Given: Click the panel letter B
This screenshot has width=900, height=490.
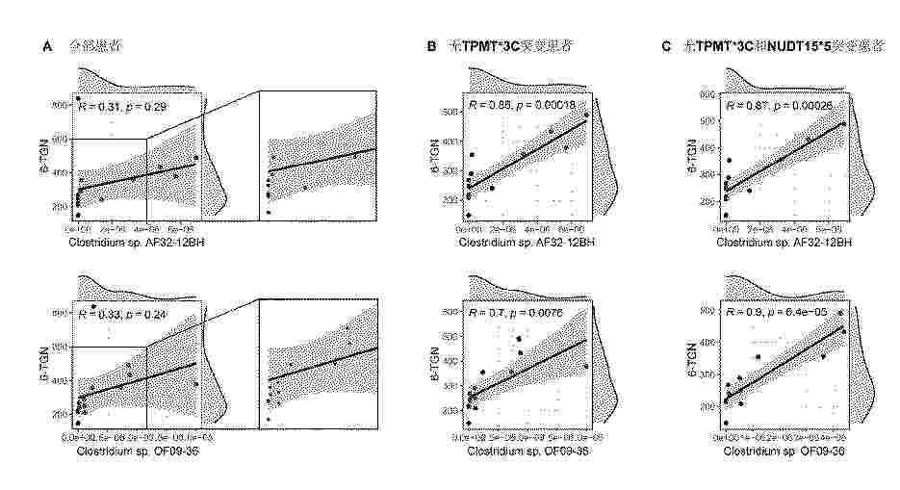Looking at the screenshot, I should coord(431,46).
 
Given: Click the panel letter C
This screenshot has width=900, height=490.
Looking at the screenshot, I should coord(665,46).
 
